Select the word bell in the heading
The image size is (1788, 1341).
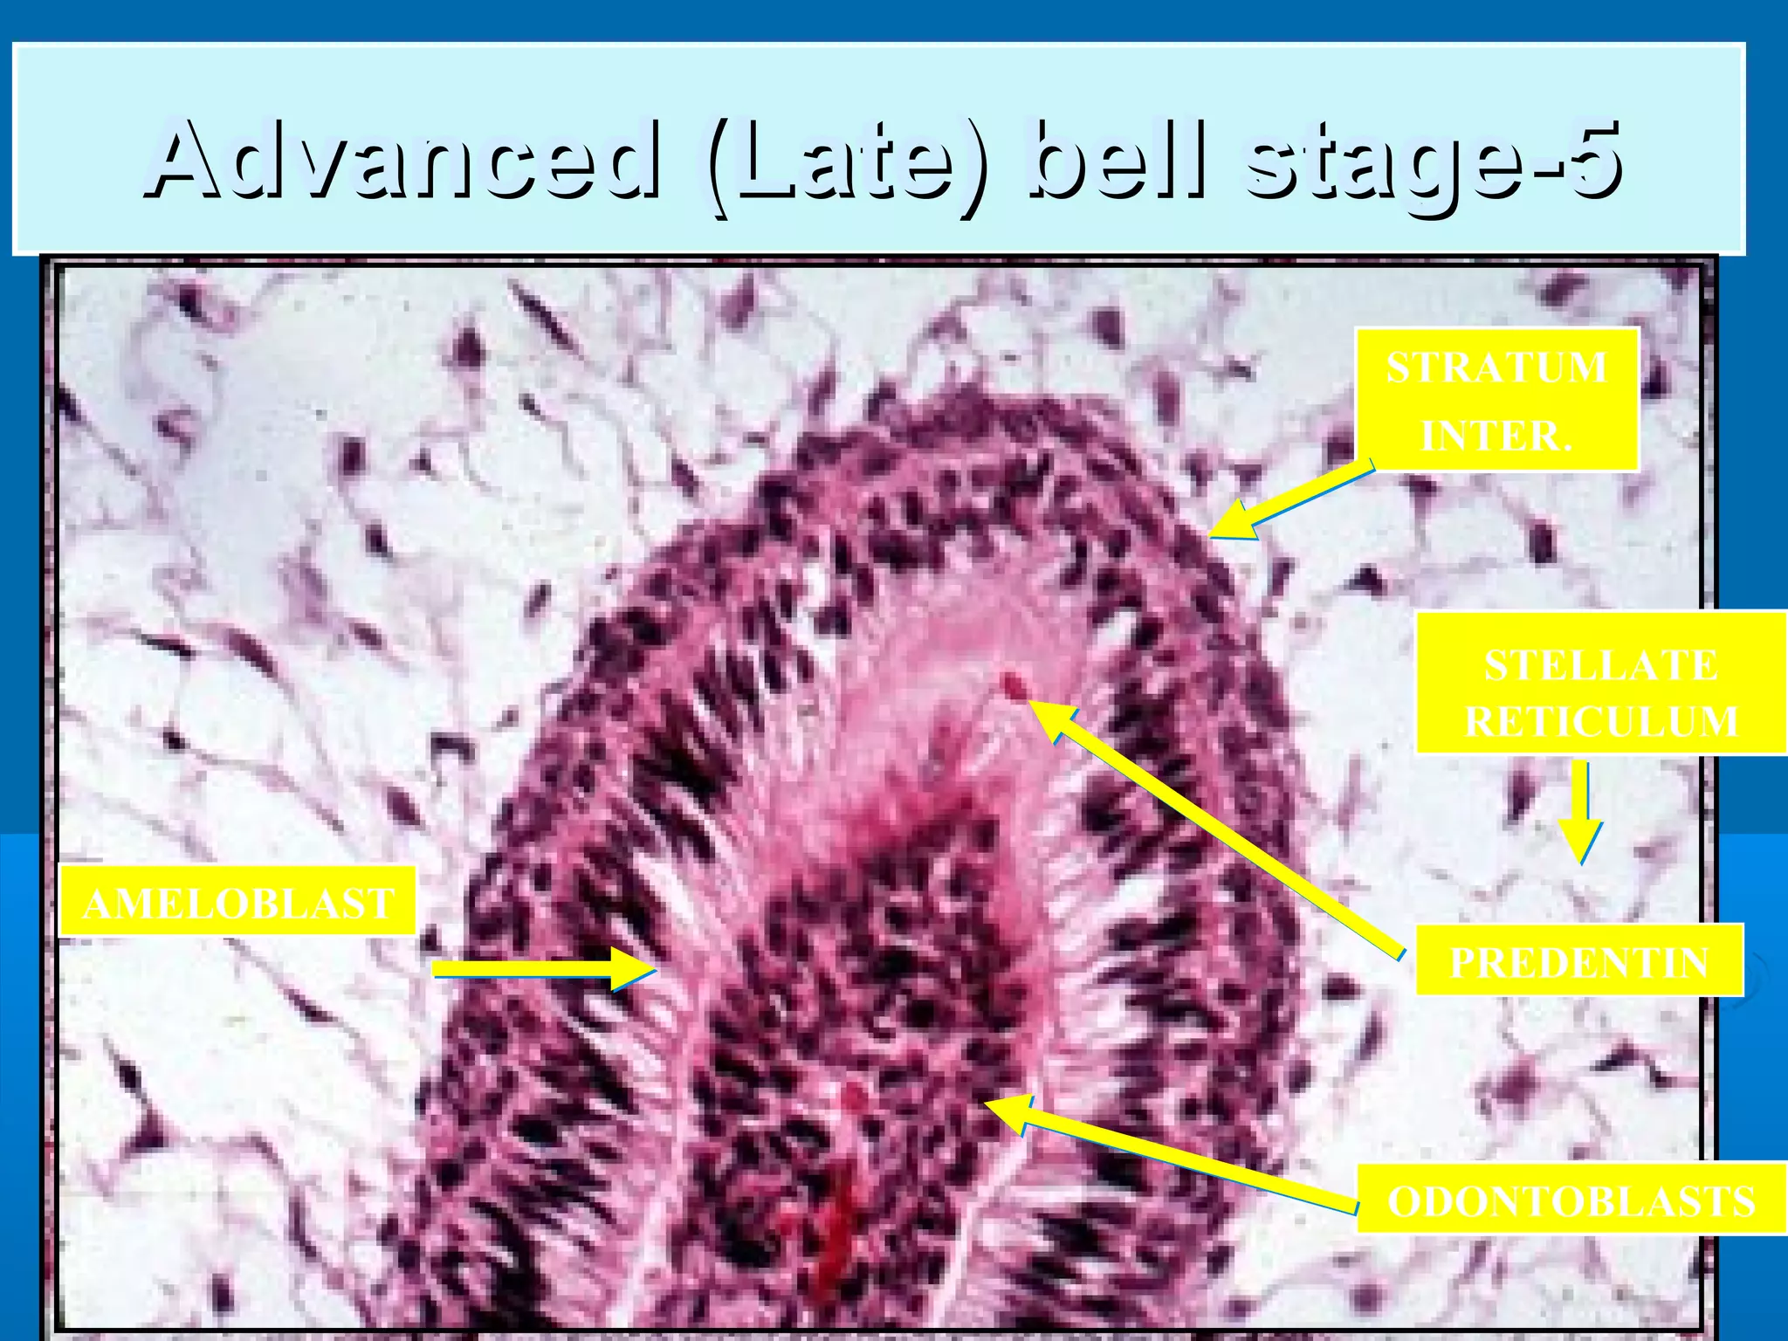pos(1118,162)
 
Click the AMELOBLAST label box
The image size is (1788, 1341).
pos(237,903)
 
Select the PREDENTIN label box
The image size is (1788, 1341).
pos(1578,961)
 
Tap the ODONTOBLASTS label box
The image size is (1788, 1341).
pos(1571,1200)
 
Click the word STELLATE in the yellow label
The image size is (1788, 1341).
pos(1600,666)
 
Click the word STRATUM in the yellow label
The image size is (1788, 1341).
pos(1496,368)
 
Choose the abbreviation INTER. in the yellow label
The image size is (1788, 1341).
pos(1496,435)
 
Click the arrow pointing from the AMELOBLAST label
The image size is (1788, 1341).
pos(541,969)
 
